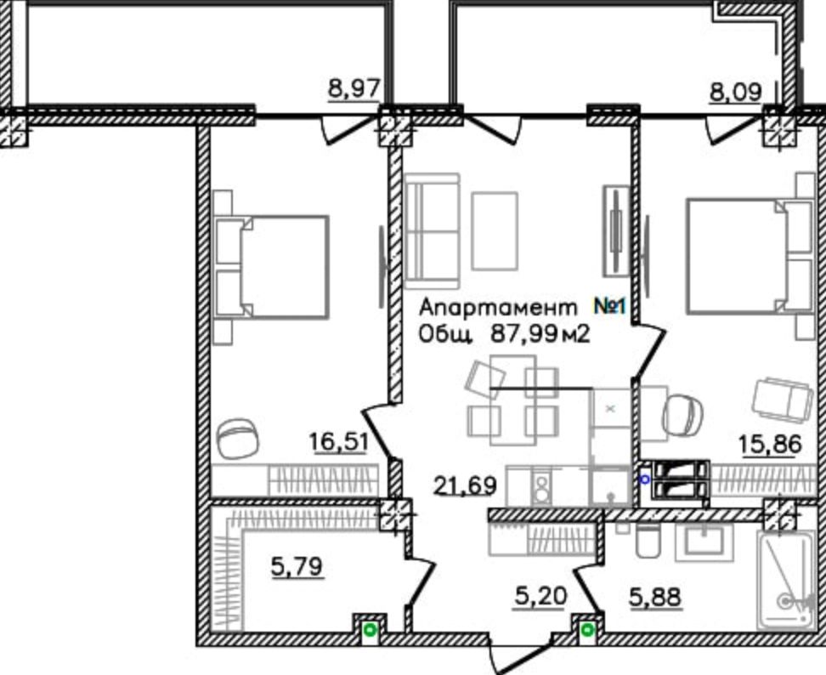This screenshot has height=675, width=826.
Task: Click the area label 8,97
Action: (354, 88)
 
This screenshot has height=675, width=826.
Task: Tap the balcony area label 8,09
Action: (736, 92)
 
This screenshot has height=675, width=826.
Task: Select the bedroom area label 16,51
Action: (338, 441)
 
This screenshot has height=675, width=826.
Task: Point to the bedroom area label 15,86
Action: (770, 445)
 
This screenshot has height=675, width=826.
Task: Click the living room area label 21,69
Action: (465, 485)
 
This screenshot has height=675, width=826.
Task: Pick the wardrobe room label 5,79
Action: (297, 567)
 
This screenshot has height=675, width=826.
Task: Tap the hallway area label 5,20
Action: (540, 596)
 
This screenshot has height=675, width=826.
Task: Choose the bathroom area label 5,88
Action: (655, 598)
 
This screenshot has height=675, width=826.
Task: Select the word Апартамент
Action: (498, 307)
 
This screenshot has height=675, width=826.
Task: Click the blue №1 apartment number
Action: (609, 306)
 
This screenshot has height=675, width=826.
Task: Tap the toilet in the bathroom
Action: (648, 541)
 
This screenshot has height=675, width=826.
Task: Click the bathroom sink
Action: (708, 542)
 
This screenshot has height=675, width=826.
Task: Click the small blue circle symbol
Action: (644, 479)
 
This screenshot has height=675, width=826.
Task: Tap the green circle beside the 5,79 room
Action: (370, 629)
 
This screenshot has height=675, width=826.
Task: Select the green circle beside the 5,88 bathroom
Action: (588, 629)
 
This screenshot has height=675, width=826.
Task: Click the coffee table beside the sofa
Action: (495, 231)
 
